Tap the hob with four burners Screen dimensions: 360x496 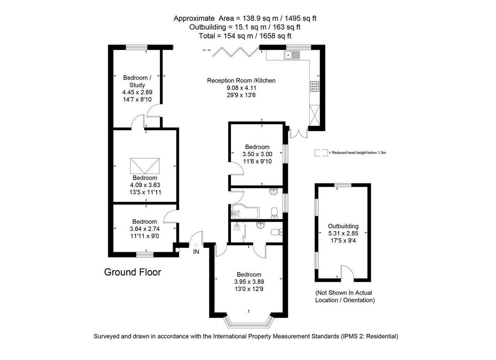[315, 86]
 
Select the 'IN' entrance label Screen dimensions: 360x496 [196, 252]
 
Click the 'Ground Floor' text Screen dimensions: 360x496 [133, 272]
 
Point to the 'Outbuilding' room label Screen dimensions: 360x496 [343, 226]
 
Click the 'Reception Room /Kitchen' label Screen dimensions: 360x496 [241, 81]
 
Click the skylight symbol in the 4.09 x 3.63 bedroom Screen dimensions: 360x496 [145, 165]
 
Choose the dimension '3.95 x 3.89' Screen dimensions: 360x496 [249, 282]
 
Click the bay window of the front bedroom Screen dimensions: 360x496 [249, 321]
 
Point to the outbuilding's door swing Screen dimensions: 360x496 [347, 272]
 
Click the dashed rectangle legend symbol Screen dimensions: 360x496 [321, 153]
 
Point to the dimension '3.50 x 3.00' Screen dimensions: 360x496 [257, 154]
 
